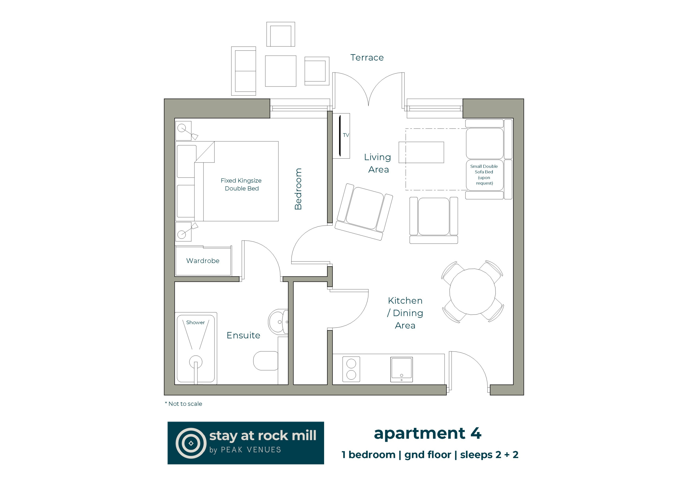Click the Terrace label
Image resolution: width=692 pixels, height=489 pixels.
367,58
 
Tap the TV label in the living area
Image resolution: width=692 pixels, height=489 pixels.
346,135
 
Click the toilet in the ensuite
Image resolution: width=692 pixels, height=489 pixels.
265,361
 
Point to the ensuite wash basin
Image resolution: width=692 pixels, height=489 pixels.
278,322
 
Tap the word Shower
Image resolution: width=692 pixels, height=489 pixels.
195,322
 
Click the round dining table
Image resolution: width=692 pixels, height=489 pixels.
472,292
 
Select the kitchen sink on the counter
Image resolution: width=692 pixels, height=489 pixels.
401,369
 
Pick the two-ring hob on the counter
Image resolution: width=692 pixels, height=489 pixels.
351,369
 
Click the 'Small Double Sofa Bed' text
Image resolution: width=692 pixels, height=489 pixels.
484,169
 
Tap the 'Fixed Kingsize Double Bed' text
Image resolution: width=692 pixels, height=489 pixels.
241,185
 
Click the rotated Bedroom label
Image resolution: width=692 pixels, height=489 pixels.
298,189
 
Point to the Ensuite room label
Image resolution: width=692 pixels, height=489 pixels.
243,335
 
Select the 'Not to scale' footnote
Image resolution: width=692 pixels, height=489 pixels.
183,404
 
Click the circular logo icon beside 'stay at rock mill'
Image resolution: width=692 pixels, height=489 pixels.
191,443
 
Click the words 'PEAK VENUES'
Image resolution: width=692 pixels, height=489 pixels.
251,450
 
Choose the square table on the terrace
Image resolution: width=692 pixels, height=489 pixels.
281,71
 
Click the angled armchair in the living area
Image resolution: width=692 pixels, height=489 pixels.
364,212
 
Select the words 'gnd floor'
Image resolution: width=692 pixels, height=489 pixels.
428,455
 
